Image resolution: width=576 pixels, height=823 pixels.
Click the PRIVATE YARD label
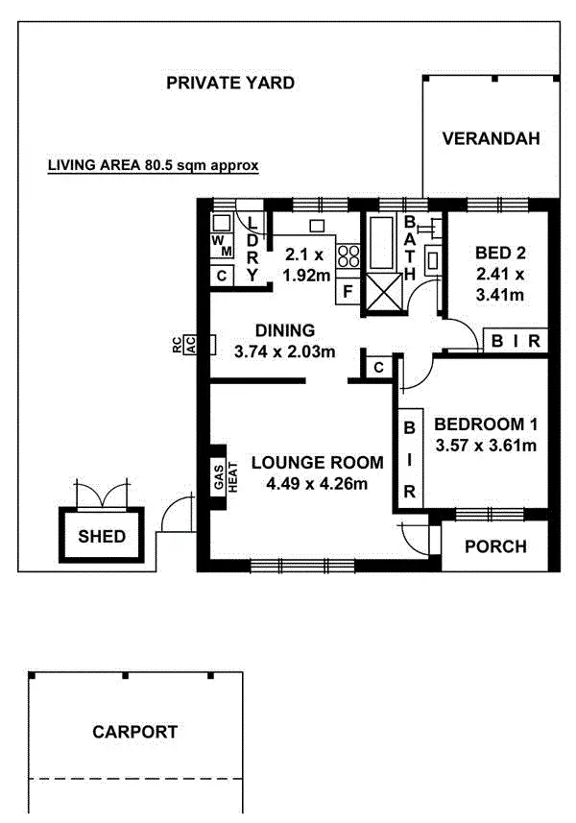[x=230, y=83]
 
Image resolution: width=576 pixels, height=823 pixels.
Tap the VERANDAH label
[x=491, y=138]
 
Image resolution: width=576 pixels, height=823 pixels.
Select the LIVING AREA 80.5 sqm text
[x=154, y=165]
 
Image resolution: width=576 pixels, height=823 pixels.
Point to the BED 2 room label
[x=500, y=254]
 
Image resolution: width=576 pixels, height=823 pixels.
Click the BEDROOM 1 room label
[x=485, y=424]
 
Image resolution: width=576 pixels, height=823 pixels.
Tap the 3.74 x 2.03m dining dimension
[x=284, y=351]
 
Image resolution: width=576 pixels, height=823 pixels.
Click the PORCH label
[x=495, y=546]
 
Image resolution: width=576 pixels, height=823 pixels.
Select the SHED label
[x=102, y=536]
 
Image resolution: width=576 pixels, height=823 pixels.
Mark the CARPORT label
[x=134, y=732]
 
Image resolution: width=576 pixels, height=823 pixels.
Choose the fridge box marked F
[x=348, y=289]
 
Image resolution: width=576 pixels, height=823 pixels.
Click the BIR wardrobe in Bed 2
[x=516, y=341]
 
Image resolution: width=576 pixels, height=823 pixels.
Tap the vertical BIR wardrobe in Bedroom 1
[x=409, y=459]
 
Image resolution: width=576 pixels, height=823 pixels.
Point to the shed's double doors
[x=101, y=495]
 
